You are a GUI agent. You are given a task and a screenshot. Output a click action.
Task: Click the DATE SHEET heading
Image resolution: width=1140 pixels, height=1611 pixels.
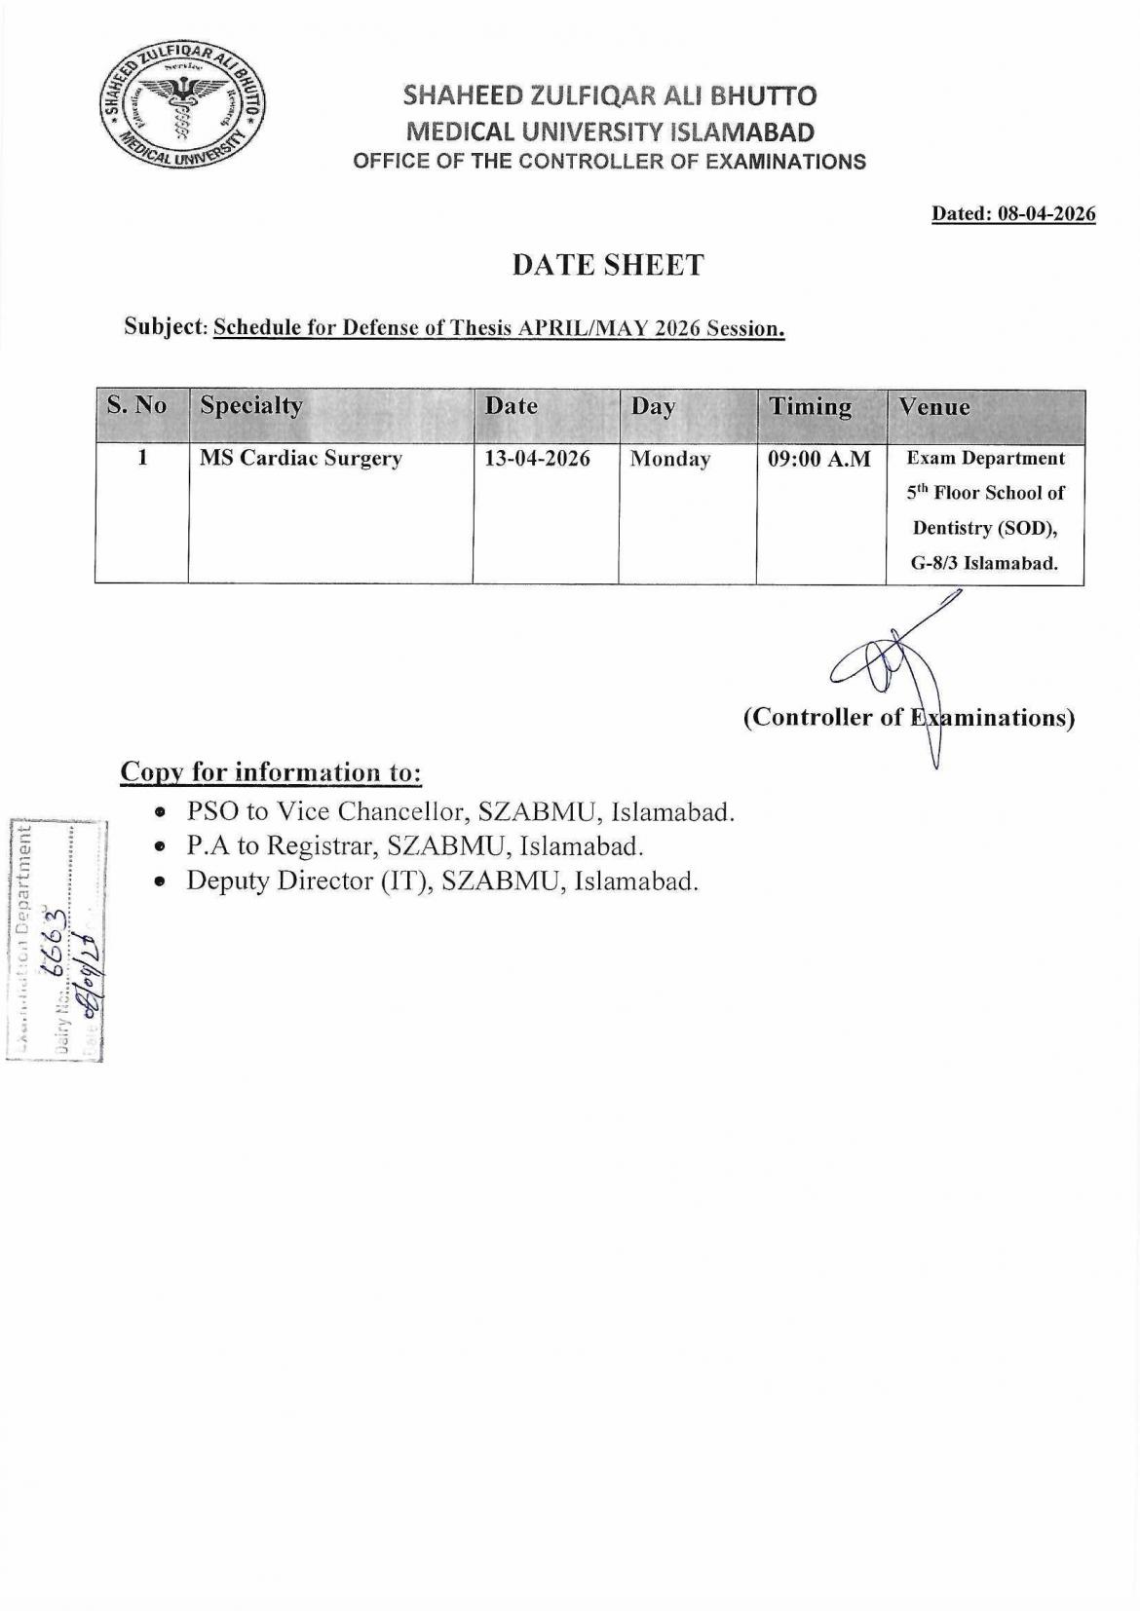coord(608,266)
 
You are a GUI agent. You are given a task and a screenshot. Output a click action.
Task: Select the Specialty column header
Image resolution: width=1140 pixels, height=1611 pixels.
coord(251,406)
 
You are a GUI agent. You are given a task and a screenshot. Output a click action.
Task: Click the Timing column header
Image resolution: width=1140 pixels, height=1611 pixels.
coord(810,407)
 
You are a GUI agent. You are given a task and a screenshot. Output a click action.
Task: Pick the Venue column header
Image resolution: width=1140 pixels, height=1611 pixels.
coord(934,407)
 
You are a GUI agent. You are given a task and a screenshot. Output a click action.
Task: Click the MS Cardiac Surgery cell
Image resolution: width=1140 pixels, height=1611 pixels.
coord(300,459)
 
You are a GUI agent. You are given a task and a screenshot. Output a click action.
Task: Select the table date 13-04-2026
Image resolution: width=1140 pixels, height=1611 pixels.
coord(537,459)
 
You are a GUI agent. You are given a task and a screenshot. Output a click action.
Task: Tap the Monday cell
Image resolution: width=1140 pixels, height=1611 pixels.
coord(670,460)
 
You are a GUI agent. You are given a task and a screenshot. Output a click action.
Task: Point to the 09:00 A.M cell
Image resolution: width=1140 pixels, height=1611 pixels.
coord(818,459)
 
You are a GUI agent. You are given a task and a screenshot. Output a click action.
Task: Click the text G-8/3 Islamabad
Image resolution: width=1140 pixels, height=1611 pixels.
coord(984,563)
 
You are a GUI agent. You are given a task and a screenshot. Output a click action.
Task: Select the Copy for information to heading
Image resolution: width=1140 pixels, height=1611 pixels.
coord(271,772)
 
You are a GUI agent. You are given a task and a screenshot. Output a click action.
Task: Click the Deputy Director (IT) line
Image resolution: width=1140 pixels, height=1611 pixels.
coord(442,881)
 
